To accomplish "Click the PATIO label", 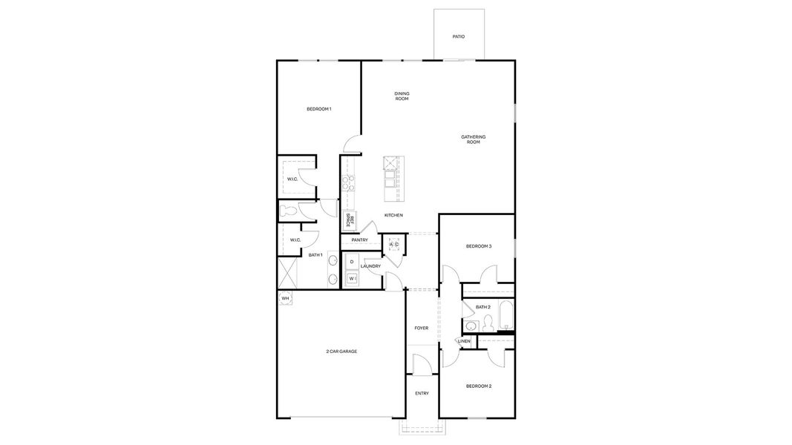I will (459, 36).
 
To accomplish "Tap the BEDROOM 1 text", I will (318, 109).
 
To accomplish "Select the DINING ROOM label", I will (402, 96).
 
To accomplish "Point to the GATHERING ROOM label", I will (473, 139).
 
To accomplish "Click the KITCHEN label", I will (393, 215).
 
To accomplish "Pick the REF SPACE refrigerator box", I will (349, 220).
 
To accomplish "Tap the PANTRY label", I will (360, 240).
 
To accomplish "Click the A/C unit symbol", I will (394, 245).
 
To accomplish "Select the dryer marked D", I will (352, 262).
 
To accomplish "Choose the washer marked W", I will (352, 279).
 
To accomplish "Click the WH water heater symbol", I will (284, 298).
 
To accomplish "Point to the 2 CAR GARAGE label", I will (341, 351).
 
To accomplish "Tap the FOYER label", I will (422, 328).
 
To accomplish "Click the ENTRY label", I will (422, 393).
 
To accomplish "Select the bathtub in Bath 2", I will (507, 315).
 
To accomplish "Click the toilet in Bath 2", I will (488, 323).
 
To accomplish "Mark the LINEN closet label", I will (464, 341).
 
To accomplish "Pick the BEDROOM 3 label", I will (479, 246).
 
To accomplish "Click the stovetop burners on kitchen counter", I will (347, 182).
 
